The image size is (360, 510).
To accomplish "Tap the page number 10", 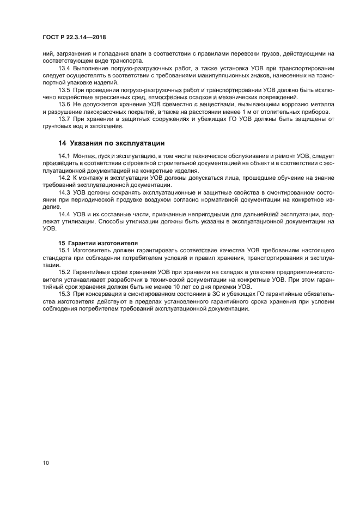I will click(x=46, y=463).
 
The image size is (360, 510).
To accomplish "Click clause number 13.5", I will click(x=64, y=89).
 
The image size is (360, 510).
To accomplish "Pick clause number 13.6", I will click(x=64, y=103).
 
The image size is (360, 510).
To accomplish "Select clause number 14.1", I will click(x=64, y=156).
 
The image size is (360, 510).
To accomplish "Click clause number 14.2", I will click(x=64, y=178).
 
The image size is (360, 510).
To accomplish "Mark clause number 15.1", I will click(x=64, y=250).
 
